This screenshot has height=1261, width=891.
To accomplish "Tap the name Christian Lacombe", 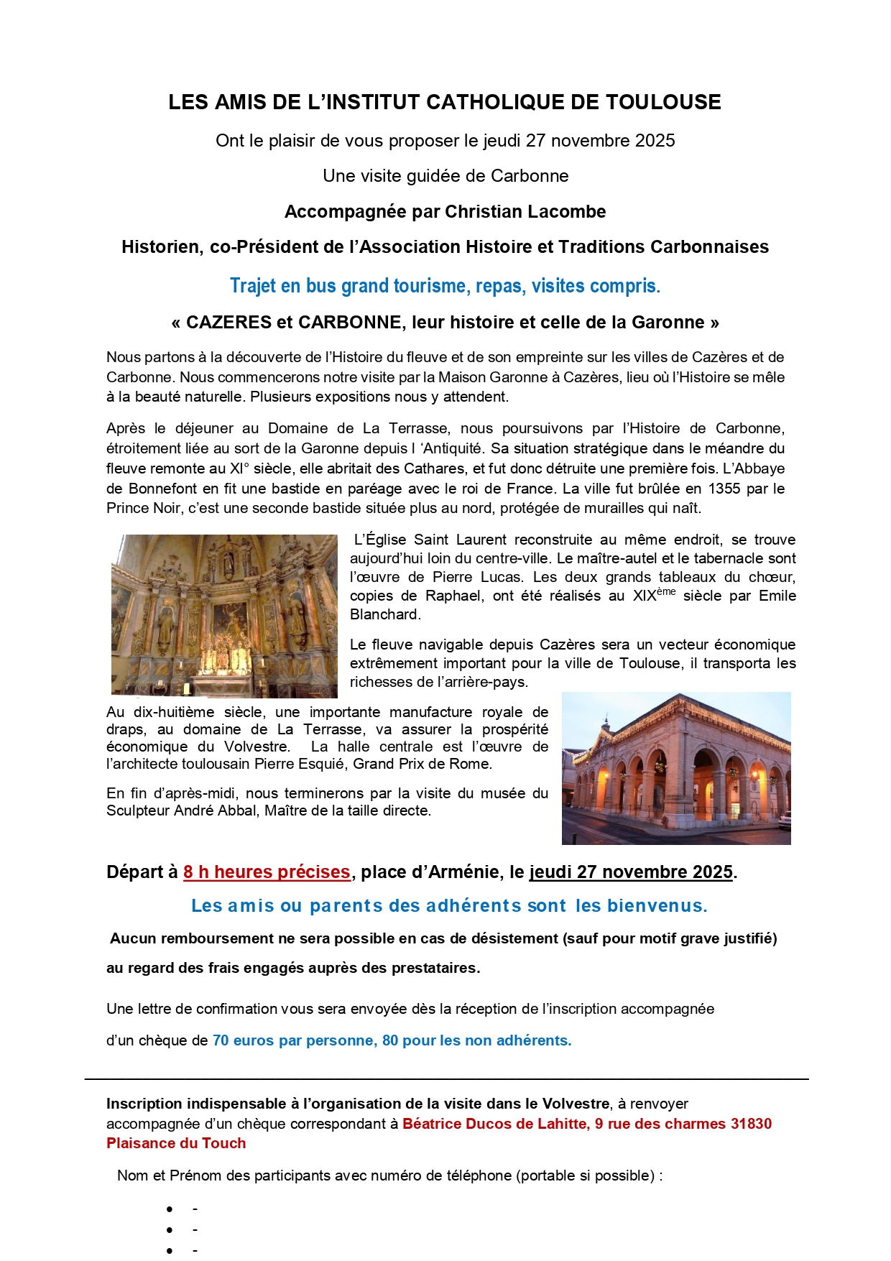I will point(525,211).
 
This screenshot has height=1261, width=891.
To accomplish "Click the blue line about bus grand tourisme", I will point(445,286).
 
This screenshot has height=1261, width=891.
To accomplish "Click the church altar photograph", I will point(224,616).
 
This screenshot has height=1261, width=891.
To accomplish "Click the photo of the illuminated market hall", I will point(675,767).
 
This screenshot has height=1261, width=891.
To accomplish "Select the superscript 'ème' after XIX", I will point(666,591).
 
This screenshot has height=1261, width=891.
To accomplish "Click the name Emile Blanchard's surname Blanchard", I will point(384,614).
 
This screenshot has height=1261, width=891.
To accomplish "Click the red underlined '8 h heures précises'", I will point(267,872).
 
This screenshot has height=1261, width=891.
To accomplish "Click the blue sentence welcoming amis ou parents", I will point(449,905).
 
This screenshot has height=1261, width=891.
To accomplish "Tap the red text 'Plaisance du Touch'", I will point(176,1143).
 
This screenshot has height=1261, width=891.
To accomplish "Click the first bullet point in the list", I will point(170,1210).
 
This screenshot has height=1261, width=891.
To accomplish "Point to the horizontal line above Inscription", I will point(445,1078).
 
